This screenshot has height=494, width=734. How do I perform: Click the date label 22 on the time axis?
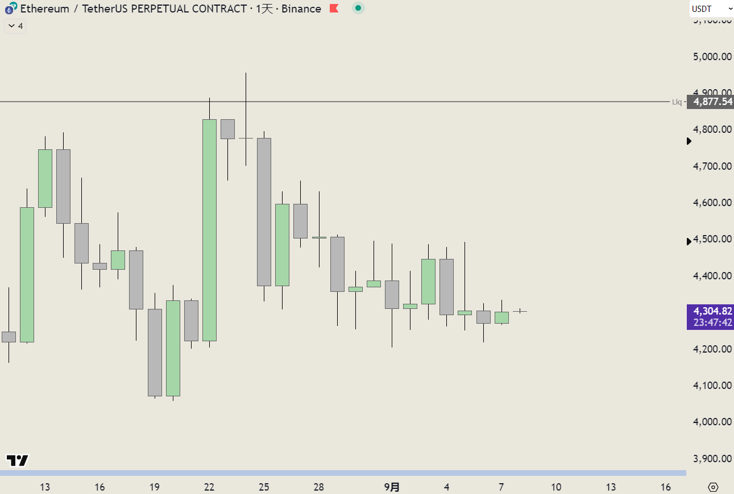(209, 487)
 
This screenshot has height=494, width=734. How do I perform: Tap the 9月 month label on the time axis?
(392, 487)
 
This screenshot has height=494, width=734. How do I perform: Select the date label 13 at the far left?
(45, 487)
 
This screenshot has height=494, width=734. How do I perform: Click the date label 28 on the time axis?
(319, 487)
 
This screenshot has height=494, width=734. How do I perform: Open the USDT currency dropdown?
(711, 9)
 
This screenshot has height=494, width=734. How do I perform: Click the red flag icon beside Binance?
(334, 9)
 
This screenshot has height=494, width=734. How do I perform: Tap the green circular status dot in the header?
(358, 9)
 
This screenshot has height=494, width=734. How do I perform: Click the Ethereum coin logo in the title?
(10, 9)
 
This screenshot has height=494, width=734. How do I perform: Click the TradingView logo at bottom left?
(17, 460)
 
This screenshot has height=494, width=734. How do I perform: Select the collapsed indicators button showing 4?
(15, 26)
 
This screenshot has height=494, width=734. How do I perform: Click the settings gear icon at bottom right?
(714, 487)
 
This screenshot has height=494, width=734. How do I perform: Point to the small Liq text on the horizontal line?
(677, 102)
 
